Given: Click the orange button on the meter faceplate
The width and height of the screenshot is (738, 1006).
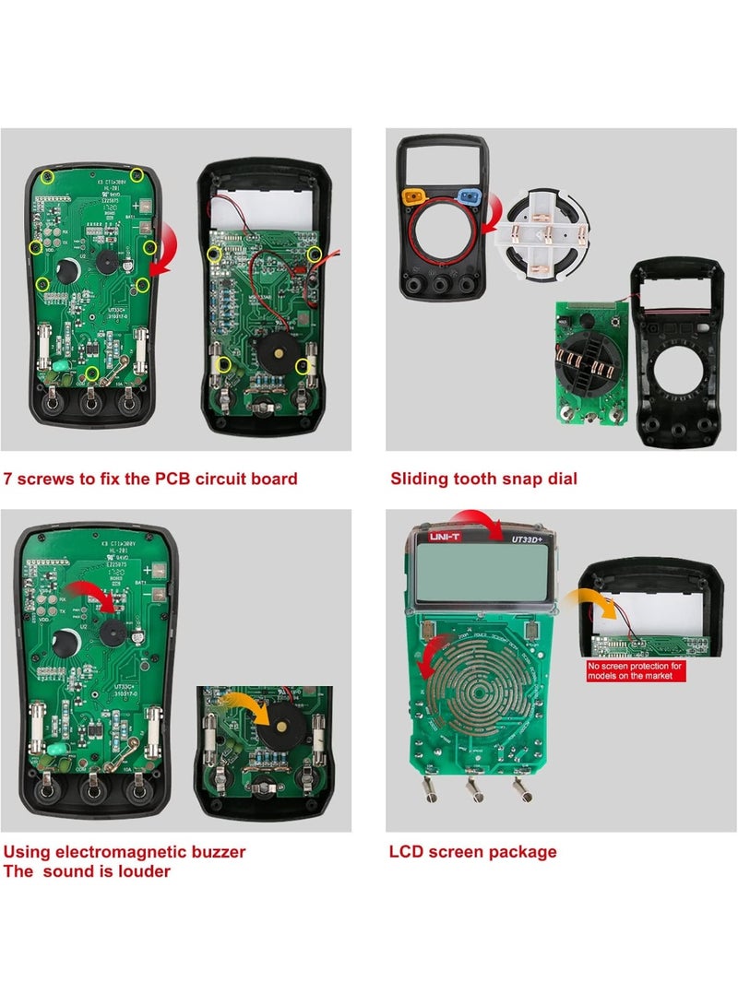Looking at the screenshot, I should click(415, 196).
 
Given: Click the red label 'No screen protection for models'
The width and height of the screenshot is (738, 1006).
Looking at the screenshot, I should click(636, 670).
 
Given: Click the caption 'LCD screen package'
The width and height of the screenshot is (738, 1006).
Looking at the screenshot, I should click(472, 851).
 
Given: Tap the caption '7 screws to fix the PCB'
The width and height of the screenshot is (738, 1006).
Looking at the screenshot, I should click(150, 479).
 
